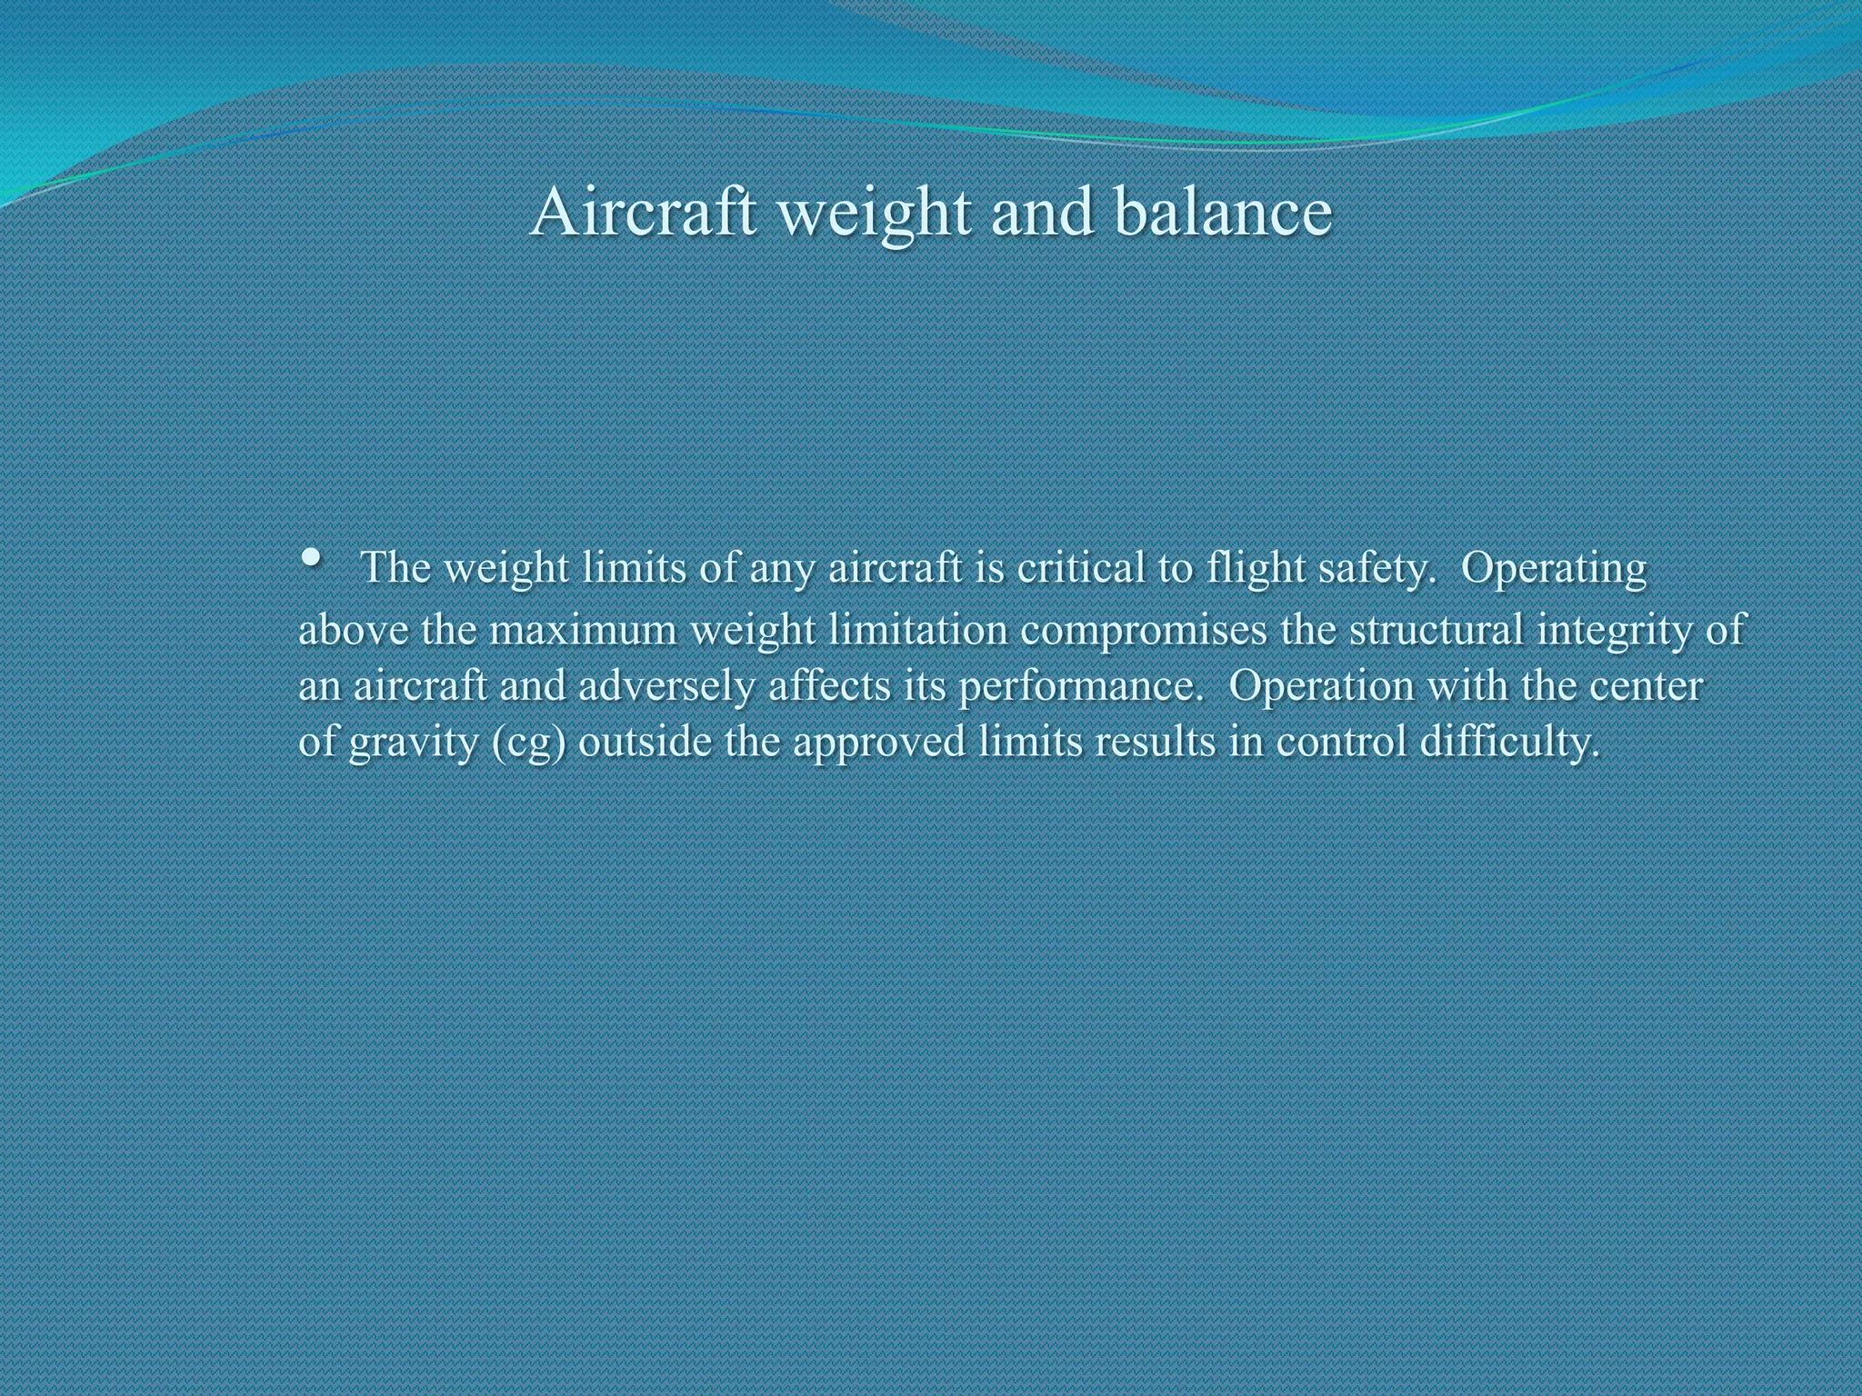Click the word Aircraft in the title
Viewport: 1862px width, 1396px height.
tap(643, 212)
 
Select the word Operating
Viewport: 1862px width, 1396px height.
tap(1554, 570)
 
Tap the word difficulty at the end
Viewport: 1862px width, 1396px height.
tap(1508, 743)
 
